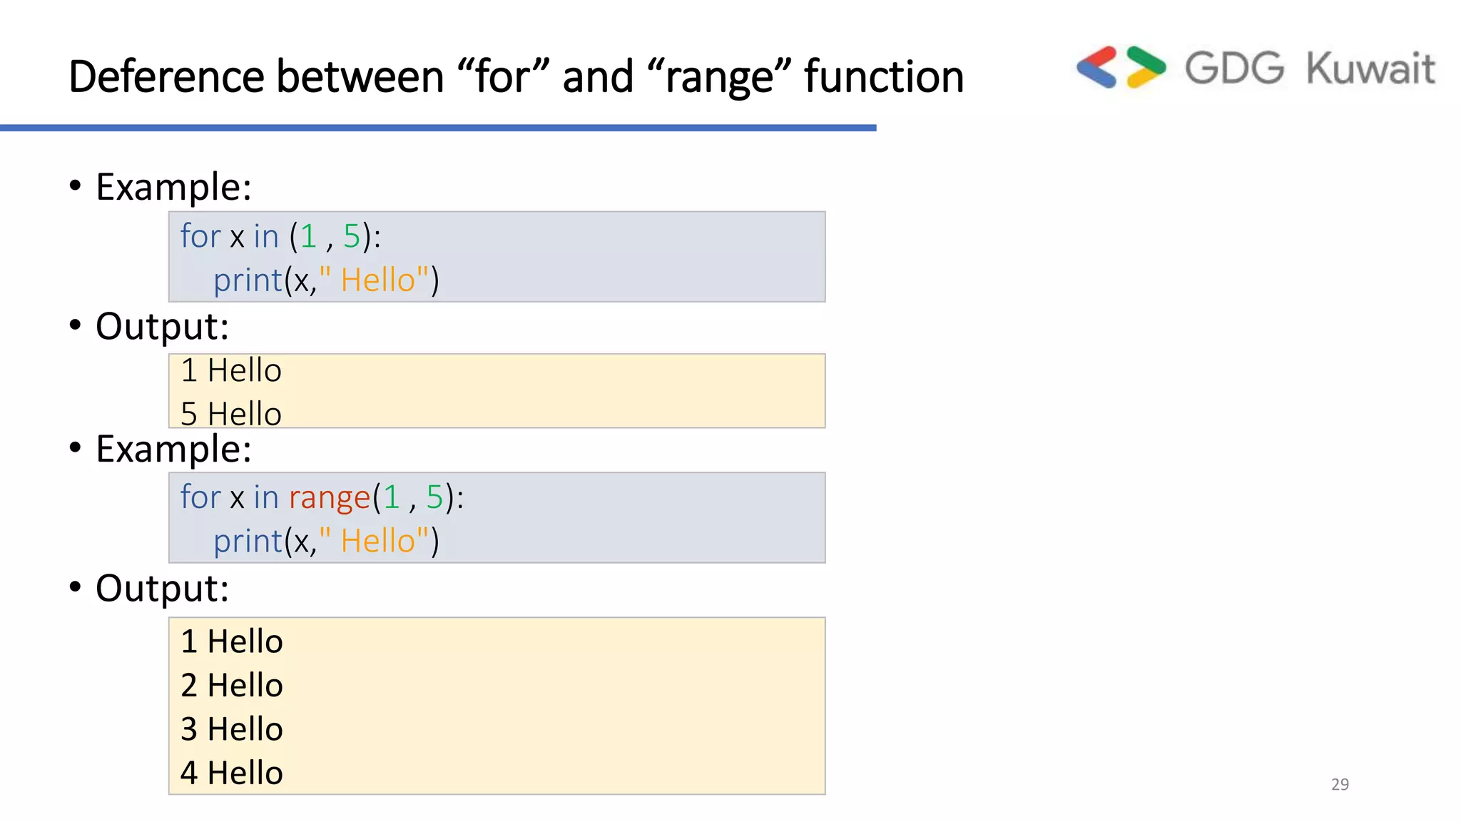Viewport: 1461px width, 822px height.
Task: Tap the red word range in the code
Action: click(x=330, y=498)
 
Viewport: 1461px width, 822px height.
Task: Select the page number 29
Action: click(x=1340, y=784)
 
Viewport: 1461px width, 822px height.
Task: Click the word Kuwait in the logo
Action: click(x=1370, y=69)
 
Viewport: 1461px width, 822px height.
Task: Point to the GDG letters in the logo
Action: click(x=1234, y=69)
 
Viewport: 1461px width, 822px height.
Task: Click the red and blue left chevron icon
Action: click(x=1096, y=67)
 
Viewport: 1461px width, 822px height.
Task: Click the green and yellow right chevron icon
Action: click(x=1146, y=67)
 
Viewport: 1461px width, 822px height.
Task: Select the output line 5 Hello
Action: click(x=231, y=414)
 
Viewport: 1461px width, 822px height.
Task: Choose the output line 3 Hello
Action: click(x=232, y=729)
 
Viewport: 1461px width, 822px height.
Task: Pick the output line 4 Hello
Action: click(x=232, y=773)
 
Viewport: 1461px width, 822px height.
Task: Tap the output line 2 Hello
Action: click(x=232, y=686)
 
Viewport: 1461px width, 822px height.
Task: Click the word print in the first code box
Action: click(x=248, y=280)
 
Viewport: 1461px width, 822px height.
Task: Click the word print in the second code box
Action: click(x=248, y=542)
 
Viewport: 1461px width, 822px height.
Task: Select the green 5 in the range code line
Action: click(x=434, y=497)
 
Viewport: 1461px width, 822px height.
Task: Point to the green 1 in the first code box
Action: click(x=308, y=236)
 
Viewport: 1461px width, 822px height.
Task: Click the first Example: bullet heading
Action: click(x=173, y=187)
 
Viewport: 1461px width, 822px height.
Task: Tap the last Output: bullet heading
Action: click(x=162, y=589)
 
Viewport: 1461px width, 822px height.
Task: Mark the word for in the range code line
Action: click(x=200, y=497)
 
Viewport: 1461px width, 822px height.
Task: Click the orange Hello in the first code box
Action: click(x=377, y=280)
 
